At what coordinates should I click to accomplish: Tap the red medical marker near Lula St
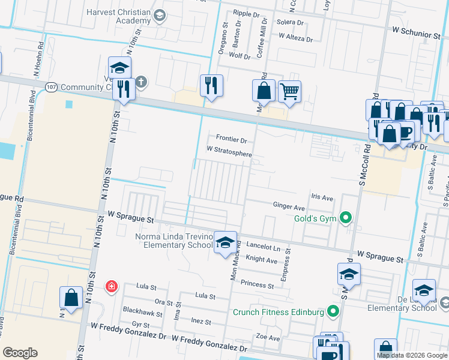pos(111,287)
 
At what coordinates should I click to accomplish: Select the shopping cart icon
pos(289,92)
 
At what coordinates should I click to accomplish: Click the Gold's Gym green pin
pos(345,218)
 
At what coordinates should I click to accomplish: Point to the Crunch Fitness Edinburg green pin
pos(333,312)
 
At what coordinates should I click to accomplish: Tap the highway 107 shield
pos(51,87)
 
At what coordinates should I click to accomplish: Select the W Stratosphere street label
pos(229,154)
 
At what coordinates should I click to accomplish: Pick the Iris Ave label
pos(322,197)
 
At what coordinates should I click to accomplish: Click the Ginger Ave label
pos(289,206)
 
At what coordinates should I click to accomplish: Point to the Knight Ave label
pos(262,260)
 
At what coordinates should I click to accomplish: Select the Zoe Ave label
pos(268,338)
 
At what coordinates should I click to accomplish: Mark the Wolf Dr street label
pos(240,55)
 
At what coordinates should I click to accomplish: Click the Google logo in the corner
pos(20,353)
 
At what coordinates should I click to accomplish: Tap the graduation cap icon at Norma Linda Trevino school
pos(225,242)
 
